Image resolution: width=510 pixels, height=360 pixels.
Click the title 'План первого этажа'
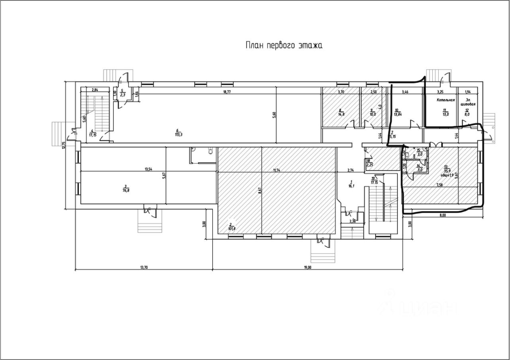283,45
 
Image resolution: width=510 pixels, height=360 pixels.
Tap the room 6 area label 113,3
179,134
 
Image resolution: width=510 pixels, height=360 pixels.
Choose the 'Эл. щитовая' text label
468,102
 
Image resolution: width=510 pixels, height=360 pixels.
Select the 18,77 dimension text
227,92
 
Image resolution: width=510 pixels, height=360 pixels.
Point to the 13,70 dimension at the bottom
144,268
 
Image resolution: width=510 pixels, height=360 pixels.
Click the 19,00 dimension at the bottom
307,268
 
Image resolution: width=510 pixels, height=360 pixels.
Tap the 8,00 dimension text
442,215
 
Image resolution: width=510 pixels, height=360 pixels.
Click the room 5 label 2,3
123,95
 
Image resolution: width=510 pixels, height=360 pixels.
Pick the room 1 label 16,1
351,186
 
